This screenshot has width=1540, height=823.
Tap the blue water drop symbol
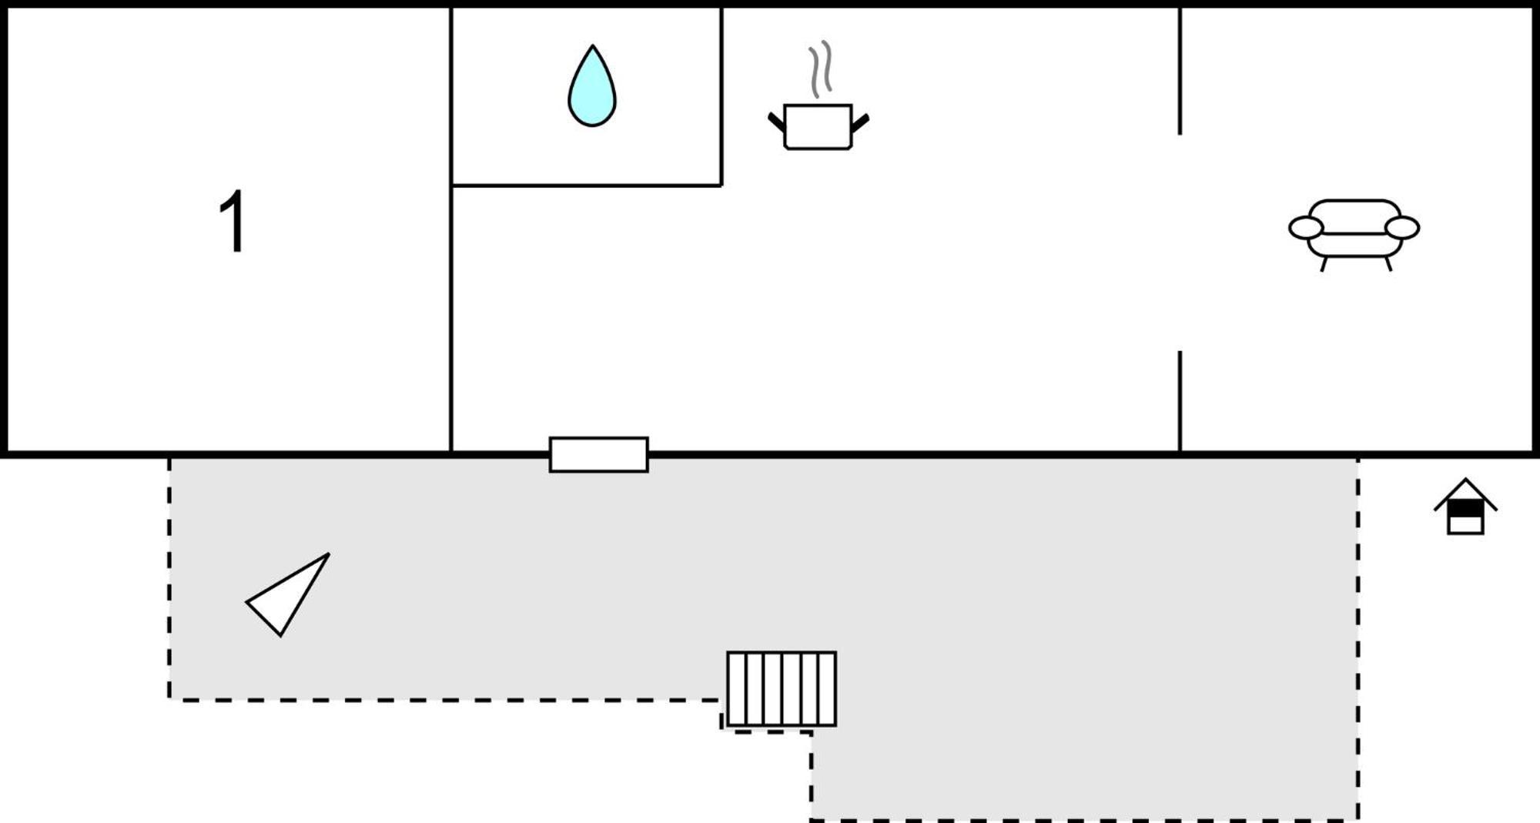tap(592, 86)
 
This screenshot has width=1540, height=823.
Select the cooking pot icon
tap(819, 126)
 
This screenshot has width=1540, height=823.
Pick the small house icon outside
tap(1465, 506)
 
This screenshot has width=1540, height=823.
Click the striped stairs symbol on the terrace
tap(782, 689)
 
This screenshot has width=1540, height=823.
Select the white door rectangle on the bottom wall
tap(599, 454)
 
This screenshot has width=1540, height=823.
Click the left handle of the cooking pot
tap(776, 122)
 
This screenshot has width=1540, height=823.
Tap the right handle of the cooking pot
tap(861, 122)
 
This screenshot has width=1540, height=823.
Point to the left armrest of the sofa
tap(1306, 228)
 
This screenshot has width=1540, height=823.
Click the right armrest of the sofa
tap(1402, 228)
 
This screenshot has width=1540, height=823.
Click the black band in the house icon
tap(1465, 509)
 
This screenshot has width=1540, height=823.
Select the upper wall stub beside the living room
tap(1180, 71)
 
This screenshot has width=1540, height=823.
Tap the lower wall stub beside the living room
tap(1180, 401)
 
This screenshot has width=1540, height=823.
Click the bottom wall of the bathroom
tap(587, 186)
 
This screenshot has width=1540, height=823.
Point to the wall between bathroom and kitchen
tap(721, 96)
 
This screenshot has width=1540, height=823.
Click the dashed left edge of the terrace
tap(169, 579)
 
